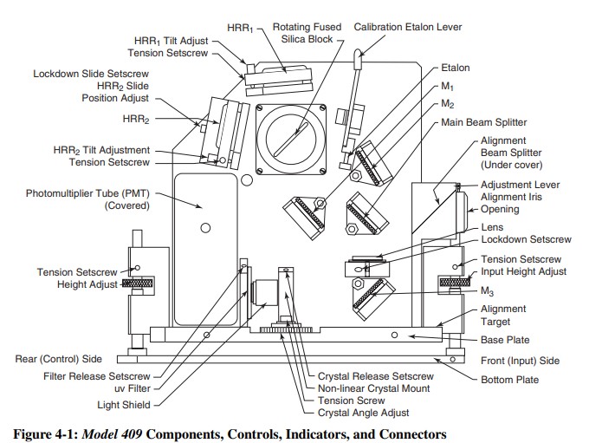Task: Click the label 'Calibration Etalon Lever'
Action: pyautogui.click(x=408, y=27)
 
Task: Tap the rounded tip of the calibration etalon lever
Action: pyautogui.click(x=359, y=53)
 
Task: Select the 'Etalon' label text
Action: pyautogui.click(x=456, y=68)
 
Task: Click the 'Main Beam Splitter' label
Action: pyautogui.click(x=484, y=122)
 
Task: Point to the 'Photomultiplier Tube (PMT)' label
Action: pyautogui.click(x=87, y=193)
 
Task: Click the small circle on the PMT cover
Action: pyautogui.click(x=205, y=228)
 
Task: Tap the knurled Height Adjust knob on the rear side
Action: pyautogui.click(x=138, y=283)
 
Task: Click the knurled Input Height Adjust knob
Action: pyautogui.click(x=456, y=281)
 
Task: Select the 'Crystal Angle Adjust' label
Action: pyautogui.click(x=363, y=413)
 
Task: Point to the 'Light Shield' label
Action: pyautogui.click(x=124, y=405)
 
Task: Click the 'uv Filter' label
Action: pyautogui.click(x=133, y=388)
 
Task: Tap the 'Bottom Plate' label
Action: pyautogui.click(x=509, y=380)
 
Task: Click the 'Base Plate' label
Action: pyautogui.click(x=505, y=340)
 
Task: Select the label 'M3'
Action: pyautogui.click(x=487, y=291)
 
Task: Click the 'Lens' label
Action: pyautogui.click(x=492, y=227)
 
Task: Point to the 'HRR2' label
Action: pyautogui.click(x=136, y=120)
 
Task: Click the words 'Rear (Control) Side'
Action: pyautogui.click(x=59, y=359)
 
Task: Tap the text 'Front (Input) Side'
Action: pyautogui.click(x=521, y=361)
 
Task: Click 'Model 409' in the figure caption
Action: pyautogui.click(x=112, y=434)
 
